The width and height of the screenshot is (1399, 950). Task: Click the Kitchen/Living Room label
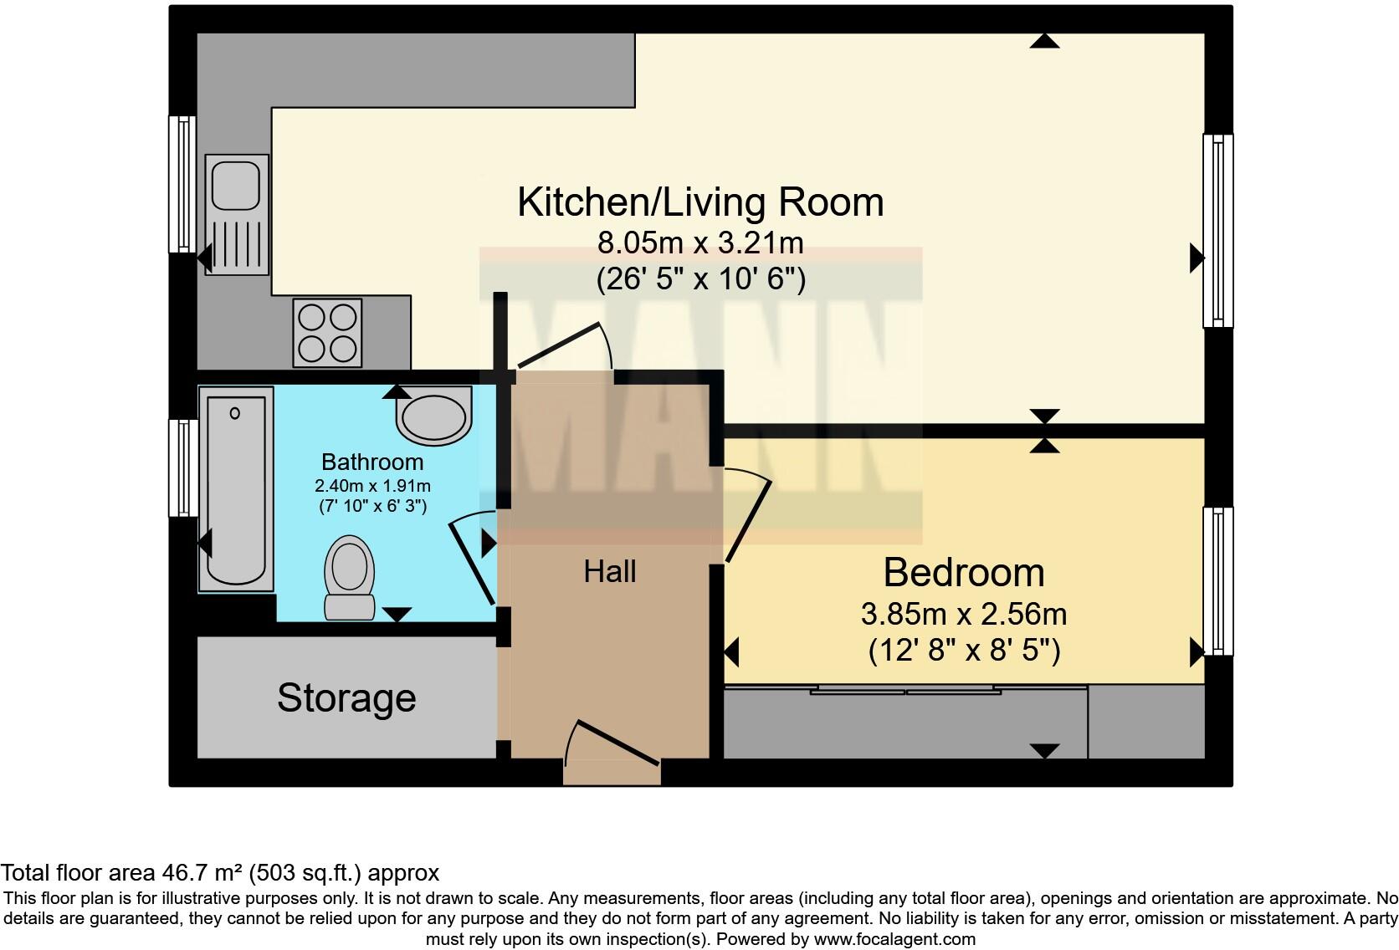tap(700, 202)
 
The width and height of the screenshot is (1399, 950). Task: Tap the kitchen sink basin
tap(235, 186)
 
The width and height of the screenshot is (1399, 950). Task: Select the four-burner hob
tap(327, 333)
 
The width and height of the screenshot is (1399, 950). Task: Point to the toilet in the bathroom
tap(349, 577)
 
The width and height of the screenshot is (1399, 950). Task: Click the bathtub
tap(236, 489)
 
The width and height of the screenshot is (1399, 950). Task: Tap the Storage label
tap(346, 698)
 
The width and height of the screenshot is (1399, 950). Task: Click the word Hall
tap(610, 572)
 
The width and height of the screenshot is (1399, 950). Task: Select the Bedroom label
tap(964, 573)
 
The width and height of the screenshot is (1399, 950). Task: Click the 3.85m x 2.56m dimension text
tap(964, 615)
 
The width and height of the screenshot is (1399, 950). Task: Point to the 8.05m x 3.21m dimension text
tap(700, 243)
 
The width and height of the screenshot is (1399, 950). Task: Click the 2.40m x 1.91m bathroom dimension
tap(372, 486)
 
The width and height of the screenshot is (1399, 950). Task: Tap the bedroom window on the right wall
tap(1217, 581)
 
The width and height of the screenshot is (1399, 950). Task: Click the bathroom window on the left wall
tap(183, 467)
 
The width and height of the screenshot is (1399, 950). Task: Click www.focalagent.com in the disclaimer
tap(894, 939)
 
